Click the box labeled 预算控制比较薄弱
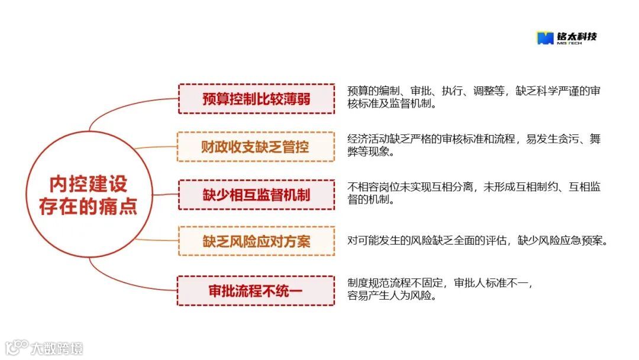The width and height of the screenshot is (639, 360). click(256, 99)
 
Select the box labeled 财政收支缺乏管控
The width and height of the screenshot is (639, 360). click(256, 147)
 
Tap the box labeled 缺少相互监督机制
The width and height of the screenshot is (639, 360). click(256, 195)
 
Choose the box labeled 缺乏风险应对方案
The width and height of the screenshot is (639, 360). click(256, 241)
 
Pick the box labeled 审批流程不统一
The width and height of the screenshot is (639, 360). click(256, 291)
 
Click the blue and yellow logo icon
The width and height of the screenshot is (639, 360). click(544, 38)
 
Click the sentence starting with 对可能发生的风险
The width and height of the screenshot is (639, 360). click(477, 241)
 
